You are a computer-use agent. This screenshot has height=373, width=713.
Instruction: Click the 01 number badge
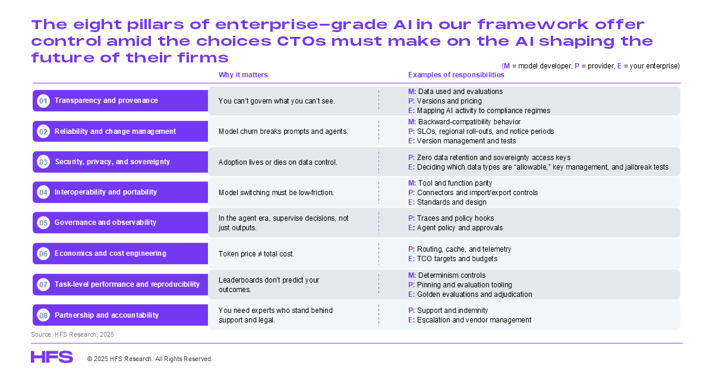tap(43, 101)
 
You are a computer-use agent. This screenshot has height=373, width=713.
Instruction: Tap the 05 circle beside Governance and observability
tap(43, 222)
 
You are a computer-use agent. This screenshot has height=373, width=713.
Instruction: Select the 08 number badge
tap(43, 315)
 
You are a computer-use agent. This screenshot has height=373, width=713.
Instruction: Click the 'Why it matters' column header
tap(243, 75)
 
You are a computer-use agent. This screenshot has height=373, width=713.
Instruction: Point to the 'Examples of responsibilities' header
tap(456, 75)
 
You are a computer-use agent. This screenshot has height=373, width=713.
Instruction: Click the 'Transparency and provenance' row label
tap(106, 101)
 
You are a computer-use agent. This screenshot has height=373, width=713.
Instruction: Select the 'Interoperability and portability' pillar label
tap(106, 192)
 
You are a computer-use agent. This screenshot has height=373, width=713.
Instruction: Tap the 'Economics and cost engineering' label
tap(111, 253)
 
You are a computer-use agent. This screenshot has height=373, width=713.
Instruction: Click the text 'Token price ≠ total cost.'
tap(256, 254)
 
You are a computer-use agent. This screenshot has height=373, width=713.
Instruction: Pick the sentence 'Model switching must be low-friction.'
tap(276, 192)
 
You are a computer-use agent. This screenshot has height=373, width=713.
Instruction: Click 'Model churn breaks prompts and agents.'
tap(283, 131)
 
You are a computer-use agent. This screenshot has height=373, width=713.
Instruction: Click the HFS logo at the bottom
tap(52, 357)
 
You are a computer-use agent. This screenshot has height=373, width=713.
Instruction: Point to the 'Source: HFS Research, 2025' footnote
tap(72, 334)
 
